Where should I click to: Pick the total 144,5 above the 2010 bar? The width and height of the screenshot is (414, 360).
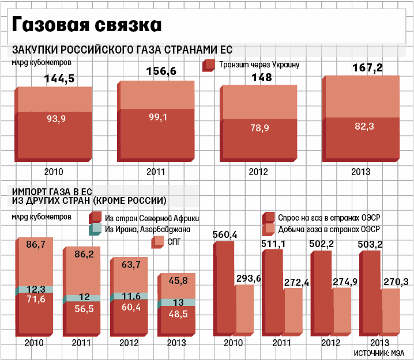59,79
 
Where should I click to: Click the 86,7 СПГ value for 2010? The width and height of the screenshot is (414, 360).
36,245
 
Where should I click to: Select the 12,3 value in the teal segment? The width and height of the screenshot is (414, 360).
36,289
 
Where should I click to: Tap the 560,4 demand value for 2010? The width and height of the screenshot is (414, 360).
225,234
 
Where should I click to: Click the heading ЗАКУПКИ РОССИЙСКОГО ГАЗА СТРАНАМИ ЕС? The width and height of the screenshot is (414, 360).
122,50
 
